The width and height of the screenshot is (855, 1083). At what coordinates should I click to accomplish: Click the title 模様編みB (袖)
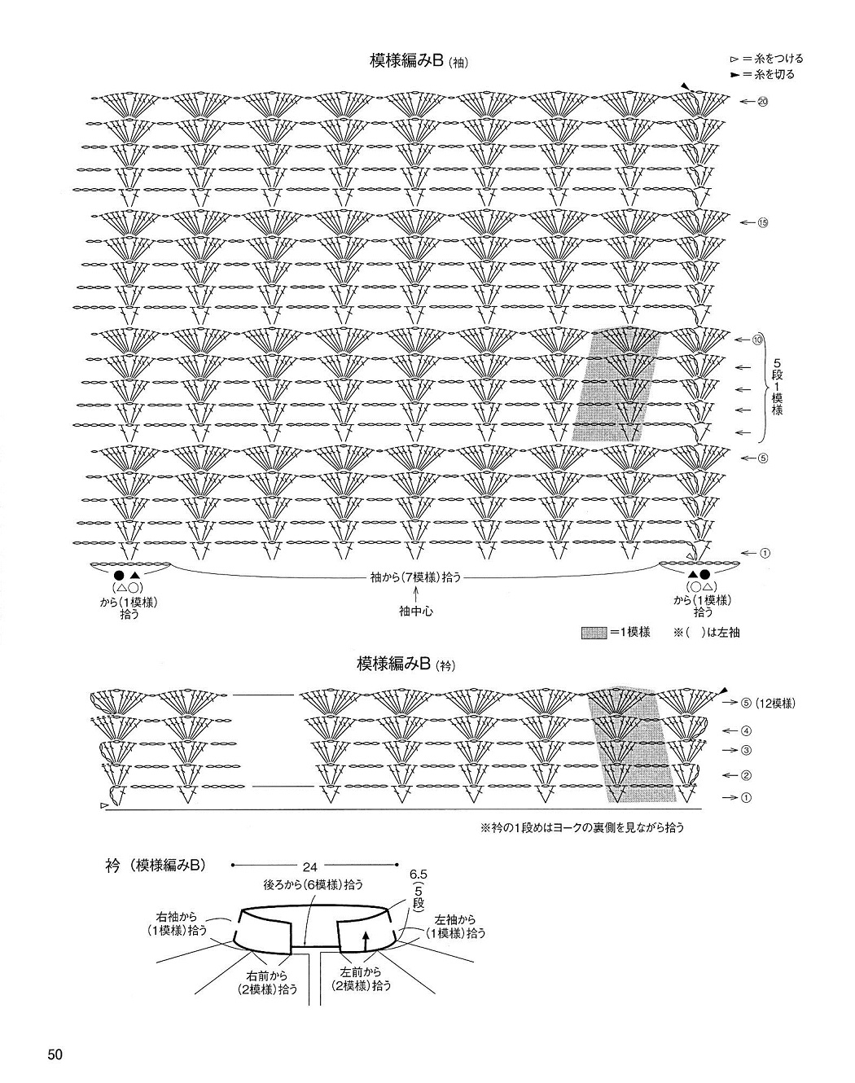point(419,62)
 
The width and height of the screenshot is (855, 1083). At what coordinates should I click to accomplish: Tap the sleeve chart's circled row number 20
point(763,102)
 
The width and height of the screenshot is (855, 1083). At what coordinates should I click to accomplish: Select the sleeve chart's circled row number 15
point(763,222)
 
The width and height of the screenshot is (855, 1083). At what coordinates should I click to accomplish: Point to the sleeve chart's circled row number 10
point(758,340)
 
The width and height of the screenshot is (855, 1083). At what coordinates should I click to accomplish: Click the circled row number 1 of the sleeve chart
point(765,554)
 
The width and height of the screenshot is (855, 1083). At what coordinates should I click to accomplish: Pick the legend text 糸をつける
point(779,59)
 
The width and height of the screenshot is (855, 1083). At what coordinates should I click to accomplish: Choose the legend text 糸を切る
point(775,75)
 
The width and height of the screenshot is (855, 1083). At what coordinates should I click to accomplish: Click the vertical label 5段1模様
point(777,386)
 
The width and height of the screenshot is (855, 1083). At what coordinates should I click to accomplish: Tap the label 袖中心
point(415,612)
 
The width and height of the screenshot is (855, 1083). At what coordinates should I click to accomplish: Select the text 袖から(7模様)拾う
point(415,577)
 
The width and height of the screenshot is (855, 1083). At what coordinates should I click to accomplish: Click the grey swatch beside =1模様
point(594,633)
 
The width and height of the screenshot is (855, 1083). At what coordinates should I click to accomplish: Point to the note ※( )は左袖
point(707,633)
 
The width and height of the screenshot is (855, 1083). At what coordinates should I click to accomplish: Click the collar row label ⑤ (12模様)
point(769,703)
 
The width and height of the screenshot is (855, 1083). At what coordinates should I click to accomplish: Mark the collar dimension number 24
point(310,866)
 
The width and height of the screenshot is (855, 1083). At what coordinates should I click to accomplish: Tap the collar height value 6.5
point(419,875)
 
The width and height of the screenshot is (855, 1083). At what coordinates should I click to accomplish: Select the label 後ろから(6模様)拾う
point(313,884)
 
